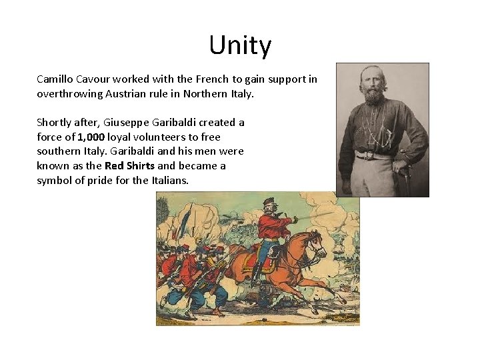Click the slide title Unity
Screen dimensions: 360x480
[240, 45]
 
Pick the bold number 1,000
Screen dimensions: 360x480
[91, 137]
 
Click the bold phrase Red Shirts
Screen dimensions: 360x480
[130, 166]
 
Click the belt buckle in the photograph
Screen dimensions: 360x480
[364, 155]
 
